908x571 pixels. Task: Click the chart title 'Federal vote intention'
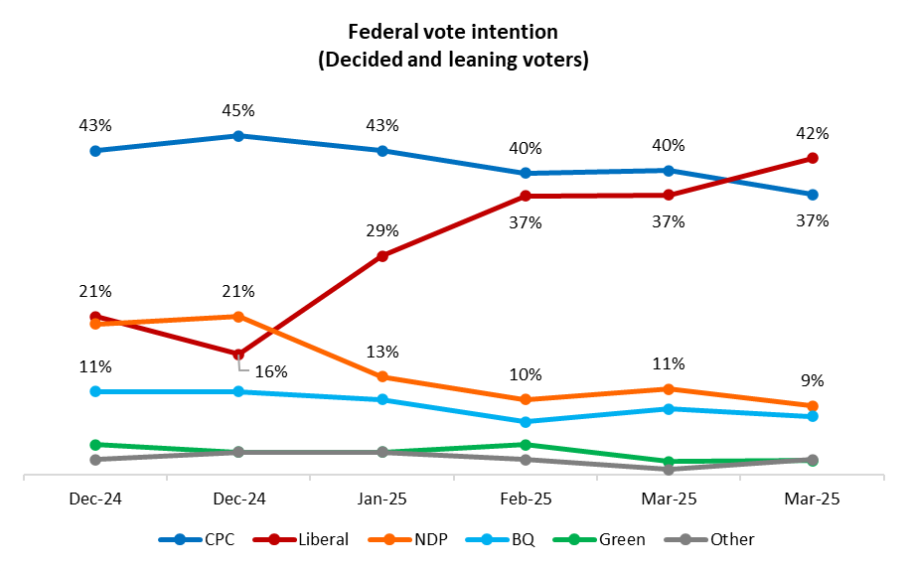pos(453,34)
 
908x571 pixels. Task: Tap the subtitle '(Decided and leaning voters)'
pos(453,60)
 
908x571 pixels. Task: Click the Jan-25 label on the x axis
pos(382,500)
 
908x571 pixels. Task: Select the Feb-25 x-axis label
pos(526,500)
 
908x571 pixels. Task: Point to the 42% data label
pos(812,134)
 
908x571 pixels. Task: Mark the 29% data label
pos(382,230)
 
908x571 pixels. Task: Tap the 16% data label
pos(270,372)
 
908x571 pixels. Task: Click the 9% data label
pos(812,381)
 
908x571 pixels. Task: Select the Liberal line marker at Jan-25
pos(382,256)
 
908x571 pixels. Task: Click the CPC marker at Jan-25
pos(382,151)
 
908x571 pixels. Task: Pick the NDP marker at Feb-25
pos(526,399)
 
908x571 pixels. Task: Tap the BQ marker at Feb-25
pos(526,422)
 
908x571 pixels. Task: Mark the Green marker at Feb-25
pos(526,445)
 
